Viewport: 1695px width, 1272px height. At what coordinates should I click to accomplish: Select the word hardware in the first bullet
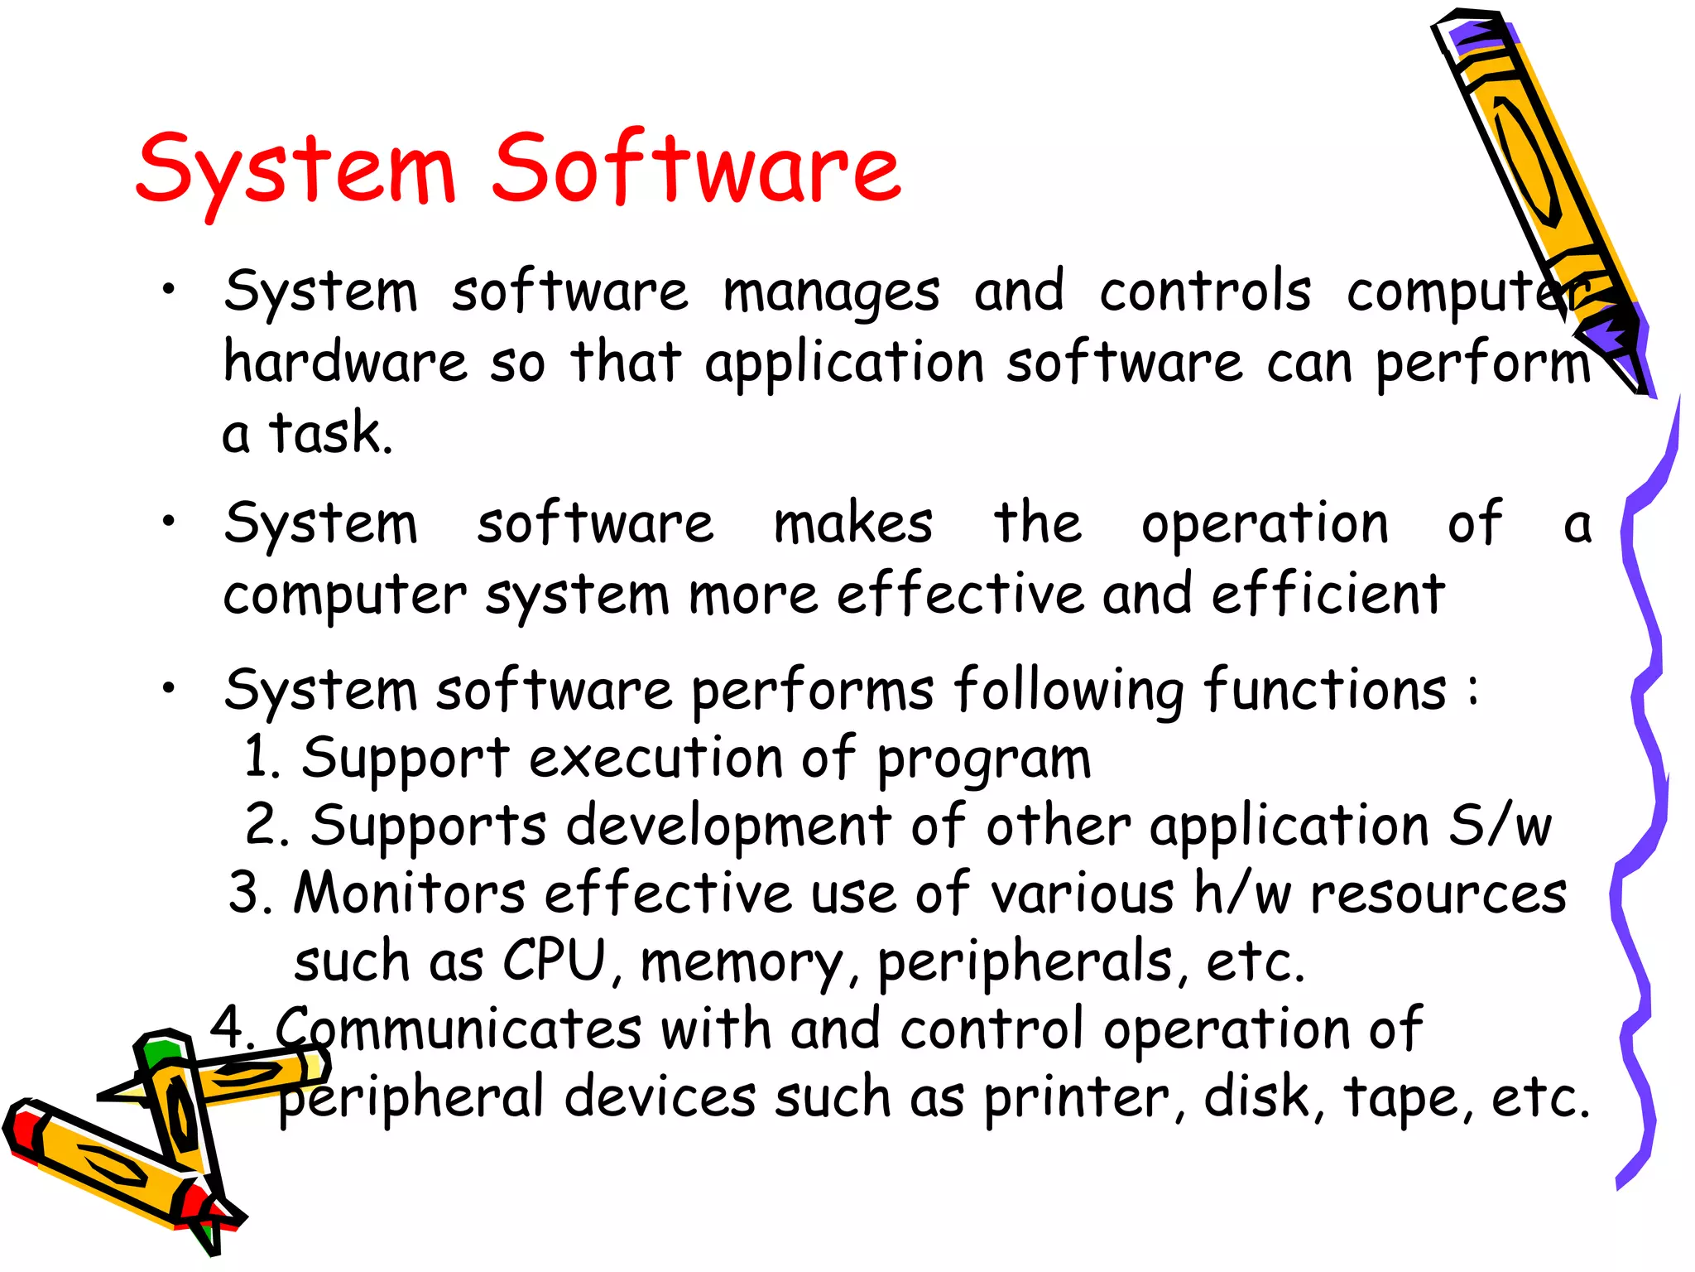coord(345,363)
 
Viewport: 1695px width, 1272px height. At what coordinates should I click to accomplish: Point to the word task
coord(329,432)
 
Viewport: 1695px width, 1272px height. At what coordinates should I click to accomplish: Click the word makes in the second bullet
coord(852,524)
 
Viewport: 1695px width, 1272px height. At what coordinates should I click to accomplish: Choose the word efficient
coord(1328,595)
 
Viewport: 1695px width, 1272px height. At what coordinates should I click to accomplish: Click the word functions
coord(1324,689)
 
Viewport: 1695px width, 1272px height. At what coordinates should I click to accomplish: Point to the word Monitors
coord(409,894)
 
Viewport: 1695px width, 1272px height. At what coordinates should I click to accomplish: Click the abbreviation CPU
coord(555,961)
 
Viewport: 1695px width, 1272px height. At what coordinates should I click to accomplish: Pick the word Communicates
coord(458,1029)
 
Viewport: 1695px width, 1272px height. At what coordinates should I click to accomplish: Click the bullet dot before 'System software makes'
coord(169,521)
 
